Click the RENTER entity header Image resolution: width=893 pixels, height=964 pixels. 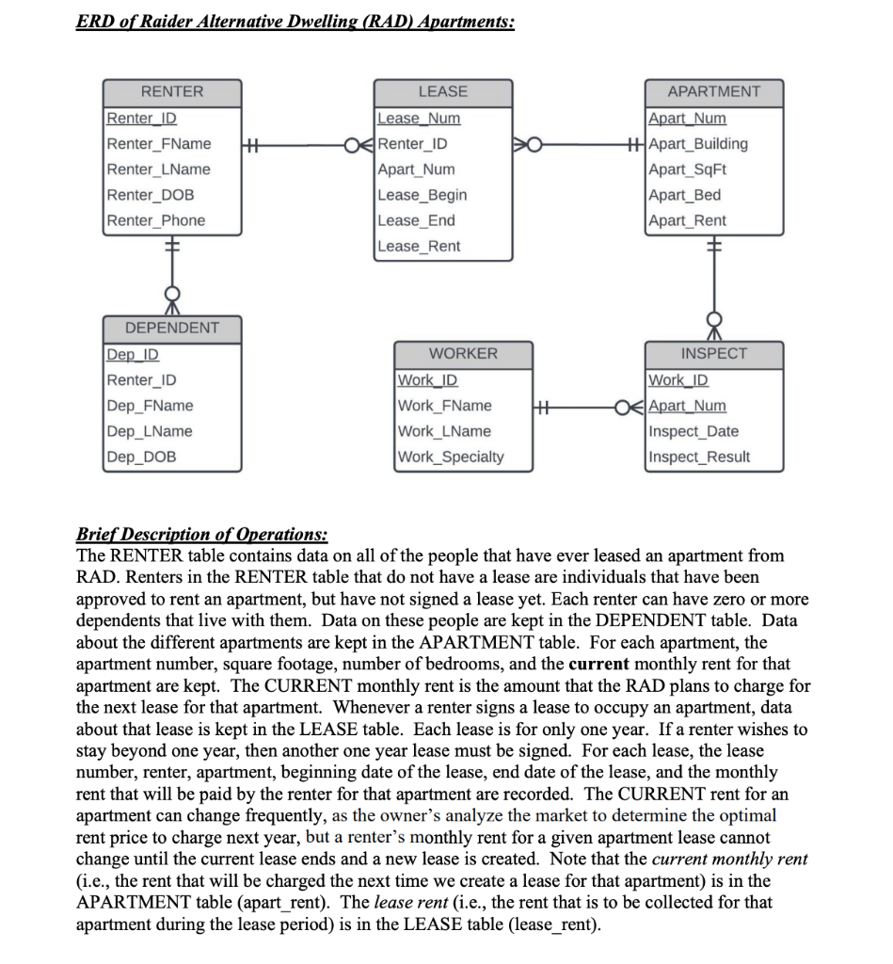(172, 91)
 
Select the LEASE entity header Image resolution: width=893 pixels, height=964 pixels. (442, 91)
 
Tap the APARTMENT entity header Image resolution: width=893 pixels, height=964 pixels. (713, 91)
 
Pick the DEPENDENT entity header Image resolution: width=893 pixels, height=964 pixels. (172, 328)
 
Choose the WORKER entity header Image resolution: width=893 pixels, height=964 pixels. (463, 353)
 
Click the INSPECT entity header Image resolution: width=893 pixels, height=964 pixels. (713, 353)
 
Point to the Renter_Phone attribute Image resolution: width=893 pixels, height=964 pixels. (156, 220)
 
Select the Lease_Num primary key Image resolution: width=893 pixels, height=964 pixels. (419, 119)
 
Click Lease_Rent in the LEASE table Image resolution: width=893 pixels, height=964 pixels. (419, 246)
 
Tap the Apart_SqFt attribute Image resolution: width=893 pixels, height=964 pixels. (688, 169)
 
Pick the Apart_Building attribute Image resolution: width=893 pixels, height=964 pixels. (698, 144)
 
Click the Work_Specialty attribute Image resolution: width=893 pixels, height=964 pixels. (451, 457)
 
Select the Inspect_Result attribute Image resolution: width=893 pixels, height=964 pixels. (699, 457)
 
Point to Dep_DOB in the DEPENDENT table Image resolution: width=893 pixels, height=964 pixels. (141, 457)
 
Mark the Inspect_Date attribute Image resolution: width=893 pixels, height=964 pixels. (694, 431)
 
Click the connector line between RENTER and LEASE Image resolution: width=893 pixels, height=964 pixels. (301, 144)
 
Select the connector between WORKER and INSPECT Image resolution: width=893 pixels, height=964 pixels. (583, 407)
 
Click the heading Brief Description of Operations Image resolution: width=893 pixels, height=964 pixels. (201, 535)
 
